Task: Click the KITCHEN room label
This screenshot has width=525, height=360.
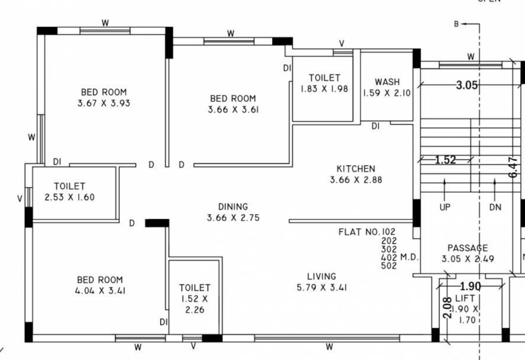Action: (x=356, y=169)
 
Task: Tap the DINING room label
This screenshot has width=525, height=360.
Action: (x=233, y=207)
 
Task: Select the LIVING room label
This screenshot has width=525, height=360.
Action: (x=322, y=277)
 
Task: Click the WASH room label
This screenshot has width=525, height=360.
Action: (x=387, y=82)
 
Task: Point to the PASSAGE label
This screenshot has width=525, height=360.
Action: (x=467, y=248)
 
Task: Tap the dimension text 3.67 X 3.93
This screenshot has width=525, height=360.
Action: (x=104, y=103)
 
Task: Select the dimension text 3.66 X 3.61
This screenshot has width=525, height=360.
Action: (x=233, y=110)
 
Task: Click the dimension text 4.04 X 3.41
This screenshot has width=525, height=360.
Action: (x=100, y=291)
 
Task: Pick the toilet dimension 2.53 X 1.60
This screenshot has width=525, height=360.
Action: (x=69, y=197)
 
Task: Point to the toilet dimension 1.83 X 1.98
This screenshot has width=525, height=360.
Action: (x=324, y=89)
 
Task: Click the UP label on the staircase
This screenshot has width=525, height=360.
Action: (x=445, y=207)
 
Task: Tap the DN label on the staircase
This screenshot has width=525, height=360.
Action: (x=495, y=207)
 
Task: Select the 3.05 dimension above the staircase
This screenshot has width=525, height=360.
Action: (x=467, y=85)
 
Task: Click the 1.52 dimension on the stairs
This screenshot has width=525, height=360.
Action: (x=445, y=160)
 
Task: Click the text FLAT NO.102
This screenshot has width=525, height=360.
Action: (x=367, y=232)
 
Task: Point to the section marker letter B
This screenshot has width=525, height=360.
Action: (x=456, y=24)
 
